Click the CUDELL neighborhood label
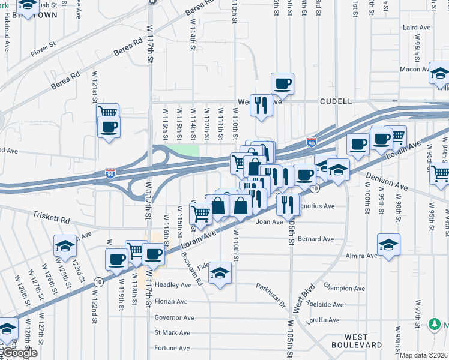pos(336,101)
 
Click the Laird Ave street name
pos(417,28)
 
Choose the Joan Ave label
pos(269,221)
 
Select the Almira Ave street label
pos(361,256)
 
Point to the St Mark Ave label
pos(172,332)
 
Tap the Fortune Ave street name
pos(172,348)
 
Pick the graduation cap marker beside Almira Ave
pos(388,245)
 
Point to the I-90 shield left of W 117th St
pos(110,173)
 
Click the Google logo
pos(20,353)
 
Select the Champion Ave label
pos(344,288)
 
